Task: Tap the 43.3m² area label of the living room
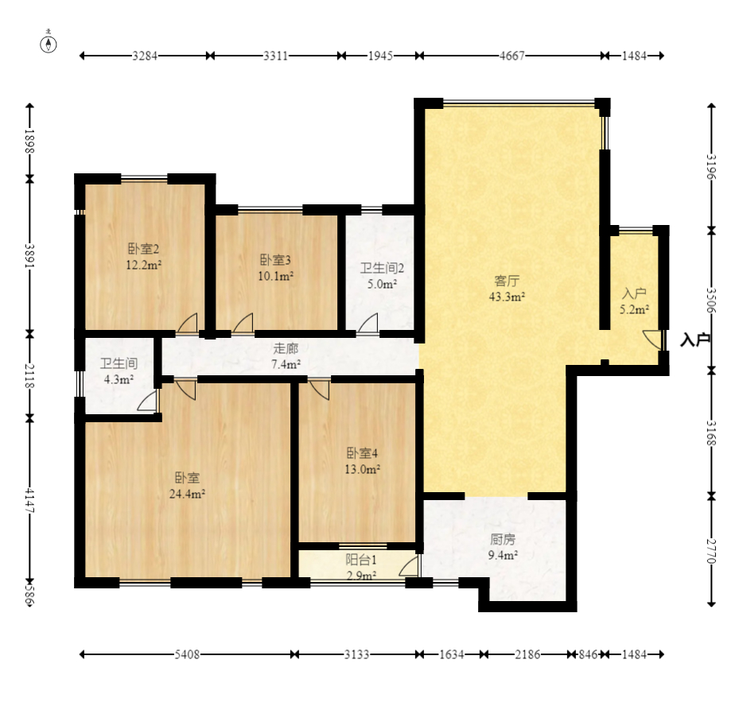pyautogui.click(x=507, y=297)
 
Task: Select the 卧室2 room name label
pyautogui.click(x=143, y=249)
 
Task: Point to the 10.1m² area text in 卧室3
pyautogui.click(x=276, y=276)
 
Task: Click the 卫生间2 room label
pyautogui.click(x=382, y=269)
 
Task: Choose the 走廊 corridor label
pyautogui.click(x=286, y=348)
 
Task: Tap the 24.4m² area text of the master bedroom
pyautogui.click(x=187, y=494)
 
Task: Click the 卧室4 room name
pyautogui.click(x=362, y=453)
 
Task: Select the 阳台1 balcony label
pyautogui.click(x=361, y=560)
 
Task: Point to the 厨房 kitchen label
pyautogui.click(x=502, y=539)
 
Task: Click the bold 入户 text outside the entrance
pyautogui.click(x=695, y=339)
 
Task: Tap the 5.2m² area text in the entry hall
pyautogui.click(x=635, y=310)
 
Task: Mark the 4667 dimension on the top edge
pyautogui.click(x=512, y=56)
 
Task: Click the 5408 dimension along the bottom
pyautogui.click(x=187, y=654)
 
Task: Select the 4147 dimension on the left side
pyautogui.click(x=30, y=501)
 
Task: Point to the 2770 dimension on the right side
pyautogui.click(x=710, y=551)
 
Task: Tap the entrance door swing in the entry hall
pyautogui.click(x=652, y=340)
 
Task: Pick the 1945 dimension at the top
pyautogui.click(x=380, y=56)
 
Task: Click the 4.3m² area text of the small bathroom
pyautogui.click(x=119, y=379)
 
